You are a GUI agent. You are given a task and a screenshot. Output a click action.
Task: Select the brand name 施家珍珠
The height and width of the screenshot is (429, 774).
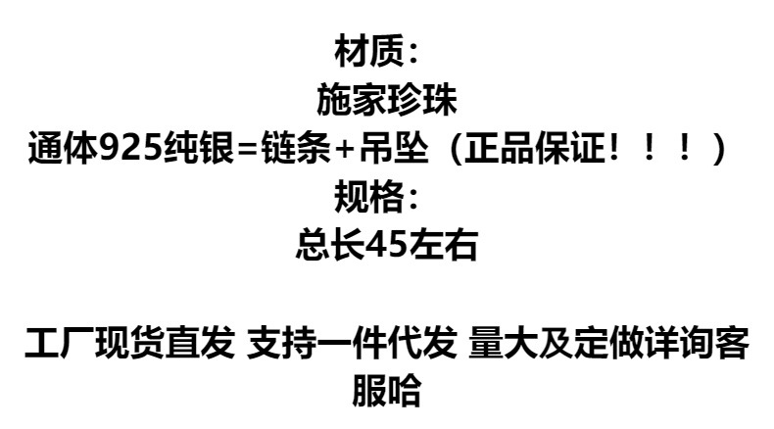(x=386, y=99)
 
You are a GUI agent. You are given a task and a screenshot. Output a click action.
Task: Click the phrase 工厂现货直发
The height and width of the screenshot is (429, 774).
(x=129, y=344)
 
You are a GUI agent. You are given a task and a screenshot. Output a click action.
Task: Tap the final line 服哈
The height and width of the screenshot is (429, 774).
(x=386, y=392)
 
